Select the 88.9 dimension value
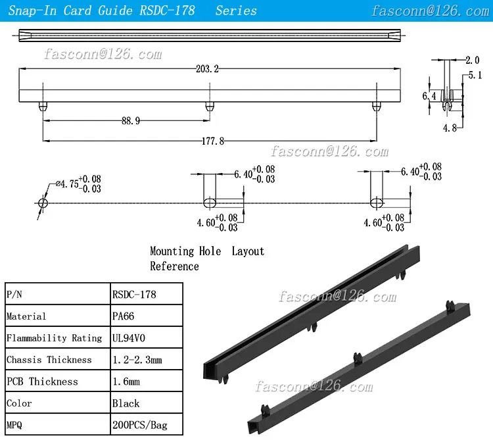click(x=131, y=120)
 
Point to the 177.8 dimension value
click(x=210, y=140)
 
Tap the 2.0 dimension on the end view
click(x=472, y=61)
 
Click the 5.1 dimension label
click(x=475, y=76)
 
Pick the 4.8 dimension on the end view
click(x=450, y=128)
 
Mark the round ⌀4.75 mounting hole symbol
click(x=43, y=202)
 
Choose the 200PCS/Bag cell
click(x=140, y=425)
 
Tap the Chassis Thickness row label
click(x=49, y=360)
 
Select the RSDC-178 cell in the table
click(x=135, y=295)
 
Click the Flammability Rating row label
click(x=54, y=338)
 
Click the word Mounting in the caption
click(x=172, y=251)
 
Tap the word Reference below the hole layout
click(x=174, y=266)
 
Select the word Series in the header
click(x=236, y=11)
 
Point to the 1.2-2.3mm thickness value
click(x=137, y=360)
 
